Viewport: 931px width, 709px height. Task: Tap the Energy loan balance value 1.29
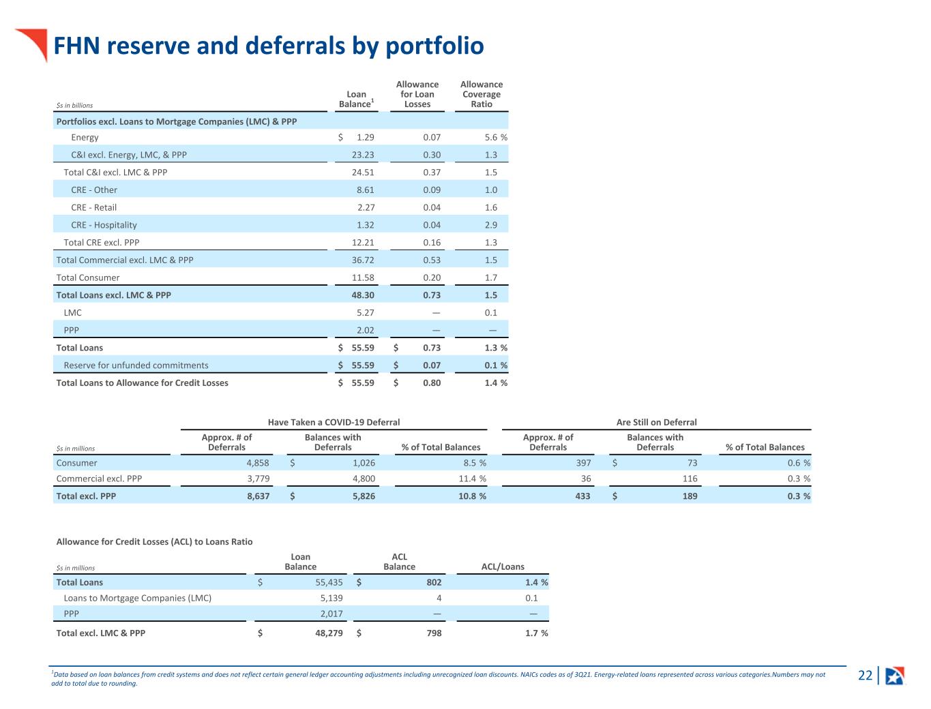tap(365, 137)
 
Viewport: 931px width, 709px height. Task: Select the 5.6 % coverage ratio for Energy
tap(496, 137)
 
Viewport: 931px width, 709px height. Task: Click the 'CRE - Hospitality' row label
tap(104, 225)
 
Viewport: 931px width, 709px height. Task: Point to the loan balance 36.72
tap(363, 260)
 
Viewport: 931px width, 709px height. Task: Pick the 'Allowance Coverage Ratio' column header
tap(482, 94)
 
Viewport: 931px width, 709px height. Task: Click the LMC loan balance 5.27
tap(365, 313)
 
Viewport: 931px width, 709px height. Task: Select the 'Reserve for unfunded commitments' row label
tap(136, 365)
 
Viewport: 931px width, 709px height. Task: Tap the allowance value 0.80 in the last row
tap(432, 382)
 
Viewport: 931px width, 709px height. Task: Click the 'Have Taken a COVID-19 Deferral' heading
tap(334, 422)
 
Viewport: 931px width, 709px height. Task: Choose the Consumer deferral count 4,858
tap(258, 463)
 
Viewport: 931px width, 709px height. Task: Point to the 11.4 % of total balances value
tap(472, 479)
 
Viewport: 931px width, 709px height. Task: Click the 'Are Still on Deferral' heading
tap(656, 422)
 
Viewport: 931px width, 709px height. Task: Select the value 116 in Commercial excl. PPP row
tap(690, 479)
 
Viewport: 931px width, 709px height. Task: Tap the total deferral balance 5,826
tap(364, 496)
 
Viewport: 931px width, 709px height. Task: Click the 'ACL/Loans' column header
tap(503, 567)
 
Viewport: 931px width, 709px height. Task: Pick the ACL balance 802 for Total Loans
tap(434, 582)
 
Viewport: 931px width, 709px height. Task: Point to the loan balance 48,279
tap(329, 633)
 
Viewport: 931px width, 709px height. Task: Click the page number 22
tap(865, 675)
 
